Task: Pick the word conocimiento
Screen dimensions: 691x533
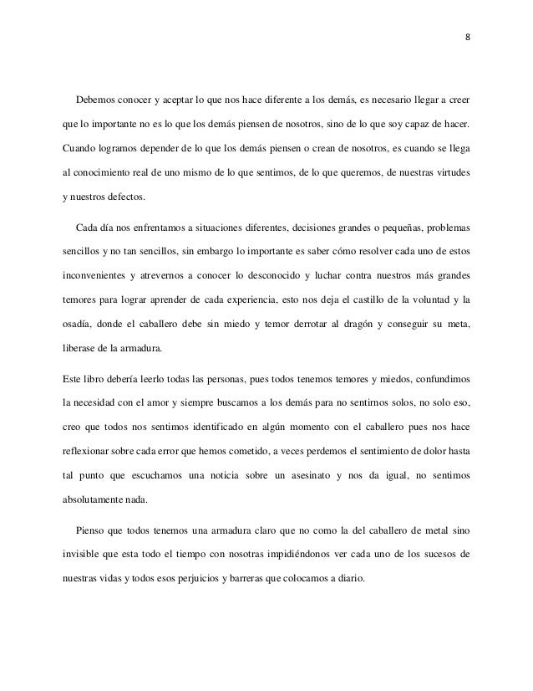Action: coord(105,177)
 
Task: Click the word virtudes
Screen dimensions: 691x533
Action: coord(448,177)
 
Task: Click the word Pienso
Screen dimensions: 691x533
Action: coord(90,530)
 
